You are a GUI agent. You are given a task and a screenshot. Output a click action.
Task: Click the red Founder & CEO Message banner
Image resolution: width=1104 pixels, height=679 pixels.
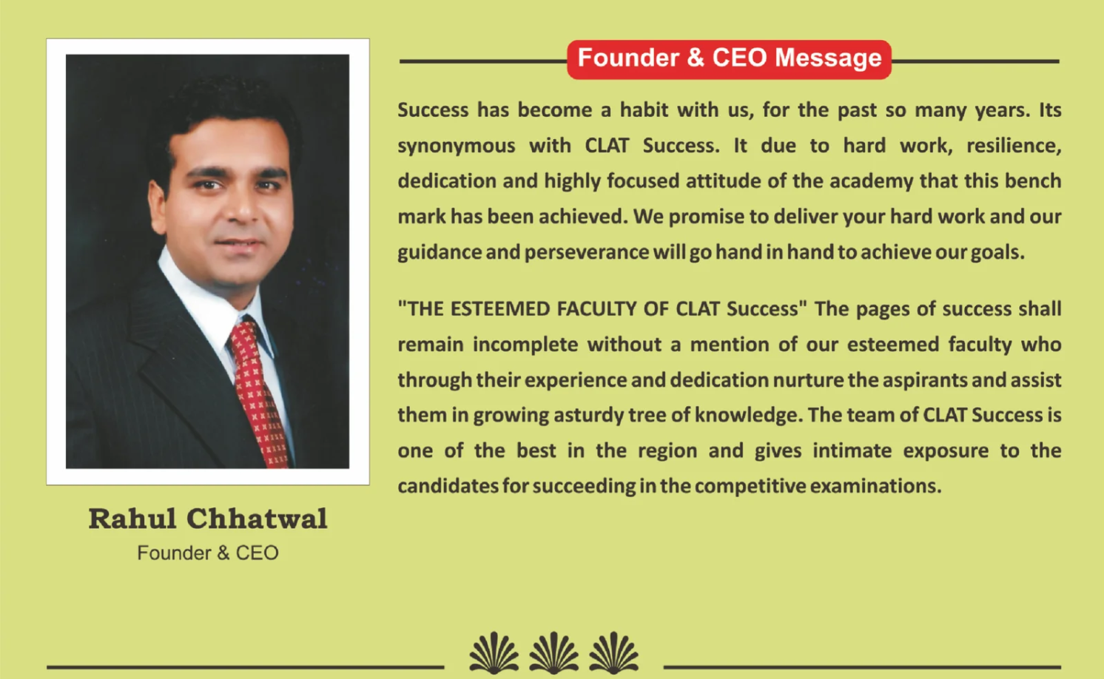[x=729, y=59]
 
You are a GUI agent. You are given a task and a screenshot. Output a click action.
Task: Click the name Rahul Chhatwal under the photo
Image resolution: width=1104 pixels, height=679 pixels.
[x=208, y=518]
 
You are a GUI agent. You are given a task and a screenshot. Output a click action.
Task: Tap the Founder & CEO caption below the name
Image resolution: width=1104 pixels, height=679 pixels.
[x=208, y=553]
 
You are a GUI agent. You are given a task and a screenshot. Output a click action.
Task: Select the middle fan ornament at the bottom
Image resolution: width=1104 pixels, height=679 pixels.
[x=554, y=652]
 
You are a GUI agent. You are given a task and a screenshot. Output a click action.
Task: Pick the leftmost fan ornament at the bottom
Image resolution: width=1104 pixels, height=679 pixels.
[x=494, y=652]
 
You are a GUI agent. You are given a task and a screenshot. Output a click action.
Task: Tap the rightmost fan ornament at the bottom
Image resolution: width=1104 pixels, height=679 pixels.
[x=613, y=652]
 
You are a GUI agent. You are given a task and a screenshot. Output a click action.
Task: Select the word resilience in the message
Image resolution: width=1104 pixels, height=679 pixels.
[x=1014, y=146]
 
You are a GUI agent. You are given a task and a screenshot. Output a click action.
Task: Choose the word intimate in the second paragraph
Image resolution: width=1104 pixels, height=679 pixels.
[x=852, y=450]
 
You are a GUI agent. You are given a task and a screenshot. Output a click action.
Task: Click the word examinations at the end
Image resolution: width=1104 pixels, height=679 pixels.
[x=876, y=487]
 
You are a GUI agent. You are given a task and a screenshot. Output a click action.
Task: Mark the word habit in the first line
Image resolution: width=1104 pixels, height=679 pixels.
[x=644, y=110]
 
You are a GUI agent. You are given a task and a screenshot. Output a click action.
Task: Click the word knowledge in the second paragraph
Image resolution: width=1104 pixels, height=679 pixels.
[x=748, y=416]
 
